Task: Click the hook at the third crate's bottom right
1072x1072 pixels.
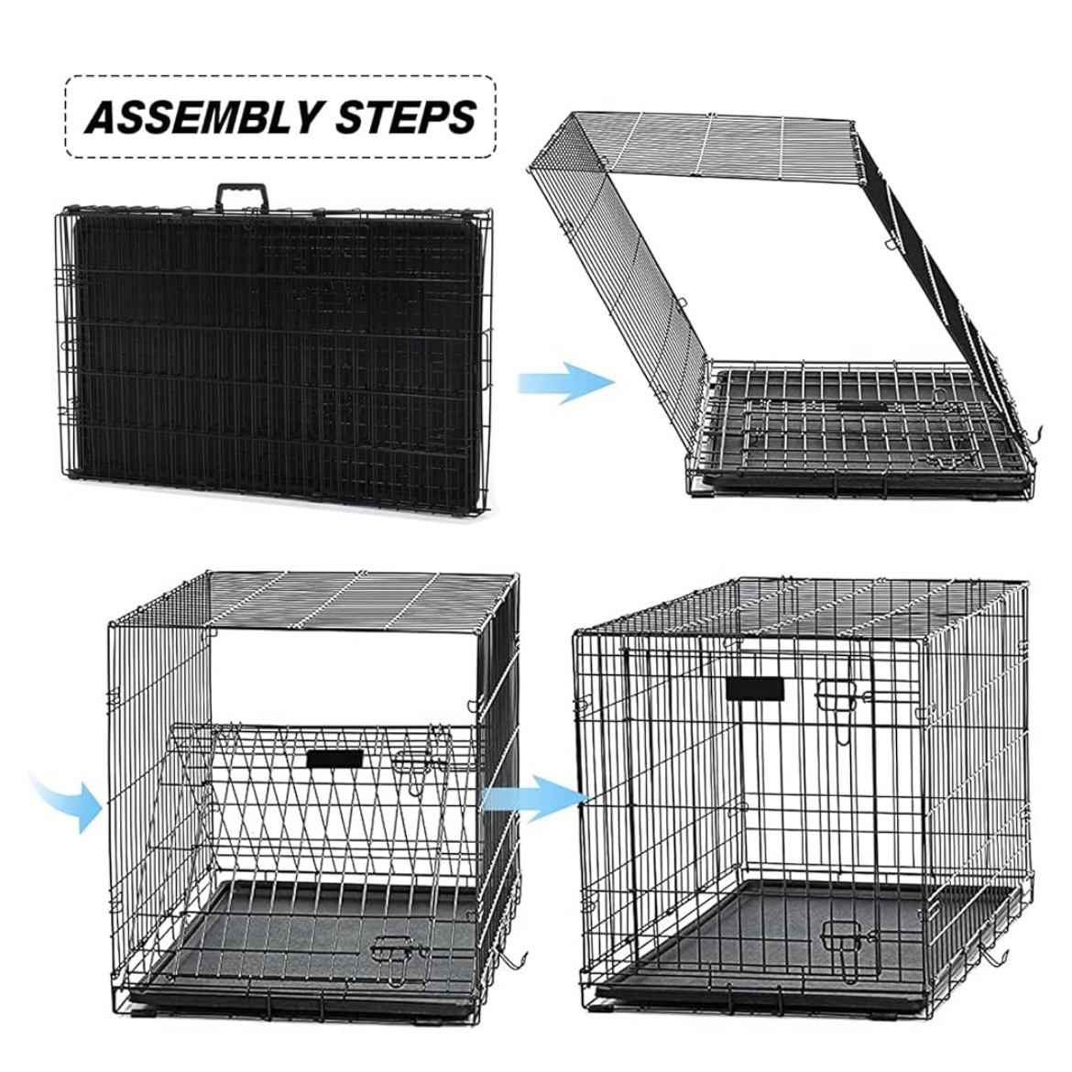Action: pyautogui.click(x=513, y=962)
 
